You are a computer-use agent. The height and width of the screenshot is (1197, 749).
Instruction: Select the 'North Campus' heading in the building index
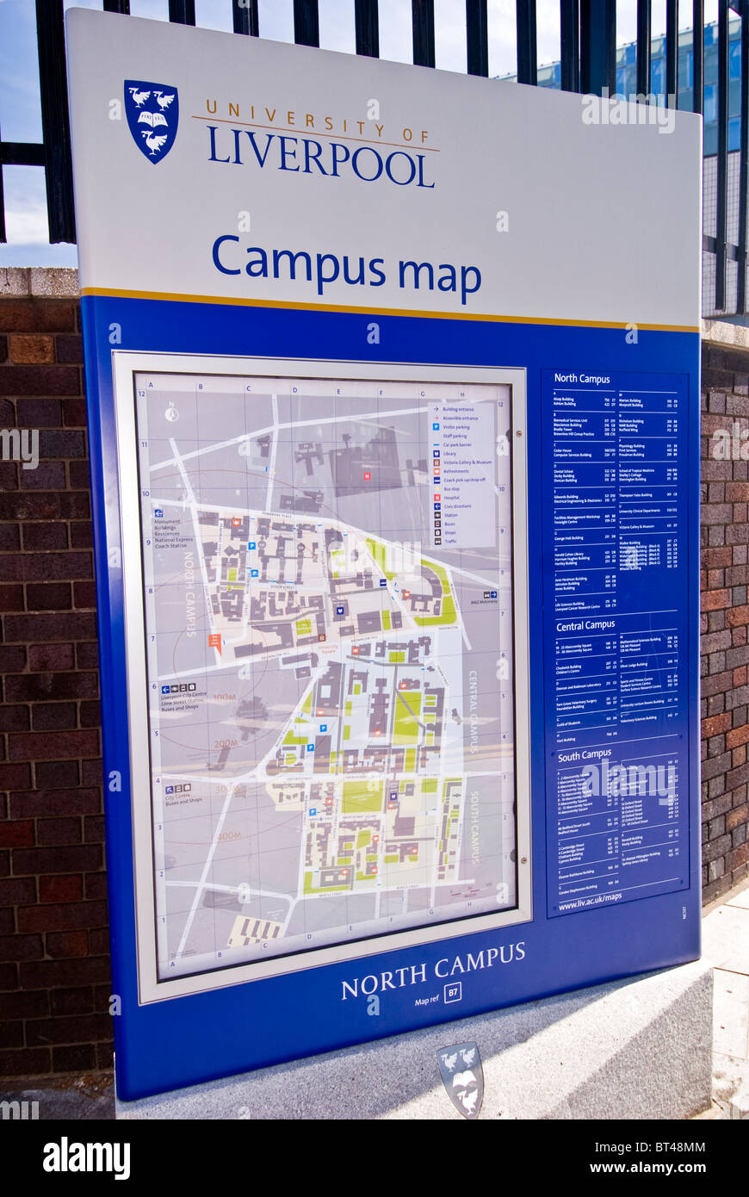pyautogui.click(x=582, y=379)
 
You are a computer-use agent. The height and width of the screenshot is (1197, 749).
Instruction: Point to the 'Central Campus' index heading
pyautogui.click(x=585, y=625)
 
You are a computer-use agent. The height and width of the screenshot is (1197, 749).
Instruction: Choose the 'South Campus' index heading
pyautogui.click(x=584, y=755)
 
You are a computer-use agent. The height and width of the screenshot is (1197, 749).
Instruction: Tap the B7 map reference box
pyautogui.click(x=452, y=992)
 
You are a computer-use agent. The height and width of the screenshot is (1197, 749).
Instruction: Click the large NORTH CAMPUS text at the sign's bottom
pyautogui.click(x=433, y=971)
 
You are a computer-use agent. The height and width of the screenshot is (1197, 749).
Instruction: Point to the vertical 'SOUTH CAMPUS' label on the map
pyautogui.click(x=474, y=827)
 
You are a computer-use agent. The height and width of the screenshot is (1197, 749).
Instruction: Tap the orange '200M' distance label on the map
pyautogui.click(x=226, y=742)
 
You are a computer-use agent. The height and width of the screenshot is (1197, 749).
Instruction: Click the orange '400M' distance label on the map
pyautogui.click(x=228, y=835)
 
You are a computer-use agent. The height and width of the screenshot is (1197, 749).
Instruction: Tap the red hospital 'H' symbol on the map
pyautogui.click(x=366, y=474)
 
